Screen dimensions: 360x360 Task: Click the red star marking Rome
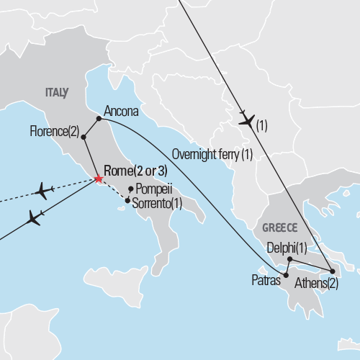click(98, 179)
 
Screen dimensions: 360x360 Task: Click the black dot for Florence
click(84, 137)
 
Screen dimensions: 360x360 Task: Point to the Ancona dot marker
click(99, 119)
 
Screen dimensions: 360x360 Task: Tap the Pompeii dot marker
click(130, 189)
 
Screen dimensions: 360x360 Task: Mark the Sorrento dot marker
click(127, 201)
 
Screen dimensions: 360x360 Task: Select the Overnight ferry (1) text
click(212, 154)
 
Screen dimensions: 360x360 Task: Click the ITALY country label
click(57, 92)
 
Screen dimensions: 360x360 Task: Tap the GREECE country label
click(279, 227)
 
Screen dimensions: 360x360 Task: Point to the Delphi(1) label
click(287, 248)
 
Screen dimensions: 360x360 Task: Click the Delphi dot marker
click(289, 258)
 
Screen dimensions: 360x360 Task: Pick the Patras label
click(264, 278)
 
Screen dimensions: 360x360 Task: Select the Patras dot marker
click(286, 275)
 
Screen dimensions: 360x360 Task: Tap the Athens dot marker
click(332, 272)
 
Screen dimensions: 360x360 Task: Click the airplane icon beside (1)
click(247, 121)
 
